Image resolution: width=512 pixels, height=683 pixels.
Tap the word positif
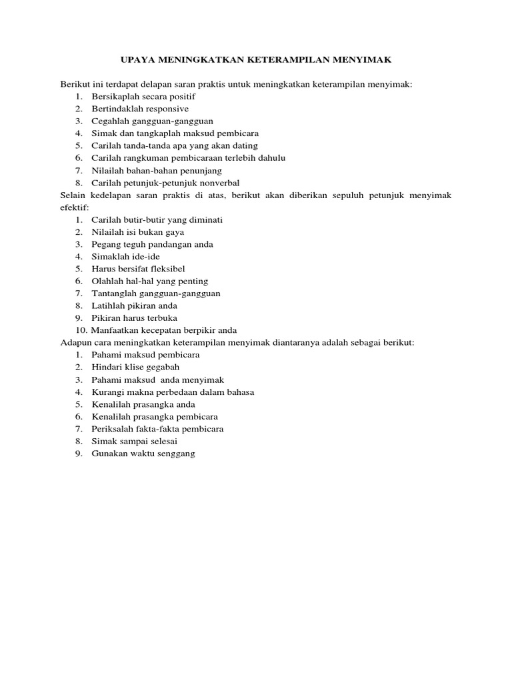[x=181, y=97]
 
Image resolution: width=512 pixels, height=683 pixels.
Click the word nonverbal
[x=215, y=183]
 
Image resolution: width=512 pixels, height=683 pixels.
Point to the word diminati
[x=203, y=219]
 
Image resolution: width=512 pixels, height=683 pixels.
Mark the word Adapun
[x=75, y=342]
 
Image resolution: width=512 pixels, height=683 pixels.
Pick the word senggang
[x=175, y=454]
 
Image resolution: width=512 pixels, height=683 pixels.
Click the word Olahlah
[x=107, y=281]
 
